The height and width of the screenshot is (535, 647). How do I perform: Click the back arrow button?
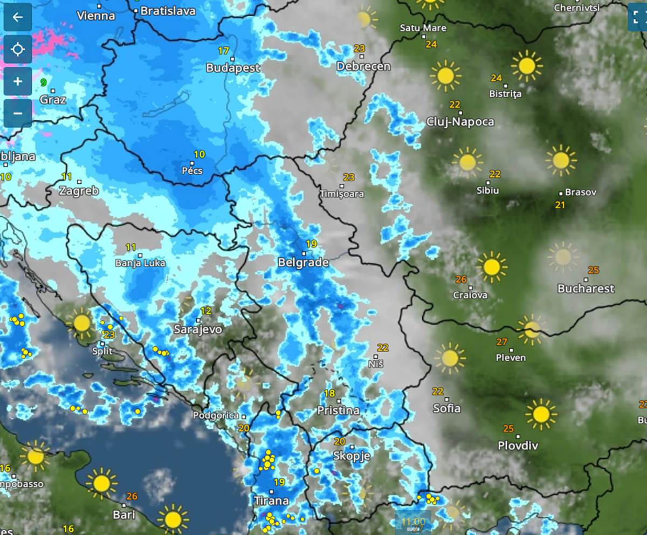[x=18, y=17]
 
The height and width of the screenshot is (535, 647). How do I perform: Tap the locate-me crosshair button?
[x=18, y=50]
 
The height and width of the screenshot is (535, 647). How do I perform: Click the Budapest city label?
[x=233, y=68]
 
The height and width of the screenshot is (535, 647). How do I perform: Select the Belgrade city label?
[x=303, y=263]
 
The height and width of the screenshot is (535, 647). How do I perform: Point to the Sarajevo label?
[x=198, y=329]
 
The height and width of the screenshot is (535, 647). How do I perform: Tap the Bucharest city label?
[x=586, y=289]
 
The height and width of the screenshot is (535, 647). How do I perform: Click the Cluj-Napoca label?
[x=460, y=121]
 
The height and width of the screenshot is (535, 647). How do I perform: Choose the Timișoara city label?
[x=341, y=194]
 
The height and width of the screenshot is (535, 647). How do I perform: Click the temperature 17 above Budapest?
[x=224, y=51]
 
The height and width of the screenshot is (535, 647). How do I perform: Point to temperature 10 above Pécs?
[x=199, y=154]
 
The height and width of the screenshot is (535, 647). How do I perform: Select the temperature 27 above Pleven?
[x=502, y=341]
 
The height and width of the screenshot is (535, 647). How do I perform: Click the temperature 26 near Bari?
[x=132, y=496]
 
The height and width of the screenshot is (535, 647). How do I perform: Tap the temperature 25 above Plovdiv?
[x=508, y=429]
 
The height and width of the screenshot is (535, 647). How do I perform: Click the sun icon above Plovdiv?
[x=541, y=414]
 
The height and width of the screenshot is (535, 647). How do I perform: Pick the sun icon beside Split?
[x=81, y=323]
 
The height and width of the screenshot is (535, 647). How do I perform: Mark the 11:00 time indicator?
[x=413, y=522]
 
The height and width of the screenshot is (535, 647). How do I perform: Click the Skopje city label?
[x=352, y=456]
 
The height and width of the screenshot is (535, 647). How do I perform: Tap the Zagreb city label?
[x=79, y=190]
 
